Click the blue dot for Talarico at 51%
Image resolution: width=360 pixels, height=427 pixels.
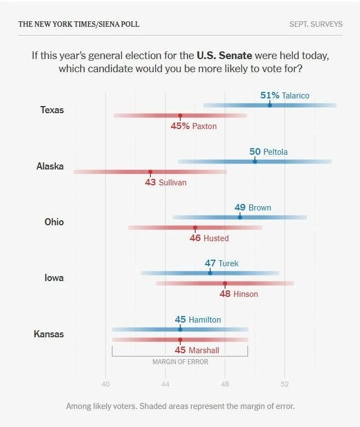tap(270, 105)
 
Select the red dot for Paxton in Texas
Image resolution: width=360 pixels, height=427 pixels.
tap(180, 116)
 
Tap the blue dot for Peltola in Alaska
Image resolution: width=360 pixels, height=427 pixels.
tap(255, 161)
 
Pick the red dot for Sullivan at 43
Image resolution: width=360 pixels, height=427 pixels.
tap(150, 172)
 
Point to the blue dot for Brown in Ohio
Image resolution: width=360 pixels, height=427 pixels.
tap(240, 217)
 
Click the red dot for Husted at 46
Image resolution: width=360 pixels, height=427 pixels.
tap(195, 227)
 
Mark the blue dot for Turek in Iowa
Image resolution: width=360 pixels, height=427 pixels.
tap(210, 273)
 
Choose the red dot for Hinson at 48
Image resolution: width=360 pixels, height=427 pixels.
tap(225, 284)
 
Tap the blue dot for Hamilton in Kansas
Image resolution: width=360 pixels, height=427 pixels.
tap(180, 329)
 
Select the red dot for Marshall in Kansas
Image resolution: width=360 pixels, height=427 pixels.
tap(180, 340)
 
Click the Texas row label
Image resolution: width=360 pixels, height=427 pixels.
tap(52, 110)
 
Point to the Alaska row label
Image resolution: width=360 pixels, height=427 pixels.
tap(50, 166)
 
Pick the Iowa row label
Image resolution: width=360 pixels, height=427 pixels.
tap(54, 278)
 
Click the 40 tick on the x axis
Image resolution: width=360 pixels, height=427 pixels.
tap(105, 384)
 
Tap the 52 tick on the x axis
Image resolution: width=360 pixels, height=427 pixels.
tap(285, 384)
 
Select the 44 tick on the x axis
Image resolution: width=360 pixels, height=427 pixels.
tap(165, 384)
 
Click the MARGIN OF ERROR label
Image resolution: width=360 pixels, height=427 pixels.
tap(180, 361)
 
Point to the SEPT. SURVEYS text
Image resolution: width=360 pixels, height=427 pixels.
tap(316, 24)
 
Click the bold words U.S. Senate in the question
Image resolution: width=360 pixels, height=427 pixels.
tap(225, 55)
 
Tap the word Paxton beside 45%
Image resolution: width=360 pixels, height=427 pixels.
tap(204, 126)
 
